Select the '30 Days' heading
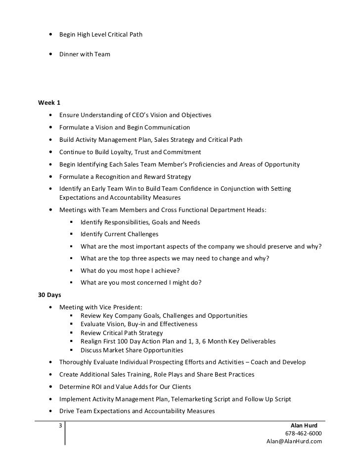(49, 295)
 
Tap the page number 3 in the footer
(60, 425)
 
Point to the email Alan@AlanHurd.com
(294, 441)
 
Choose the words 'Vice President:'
(118, 307)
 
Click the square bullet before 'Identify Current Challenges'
(72, 235)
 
